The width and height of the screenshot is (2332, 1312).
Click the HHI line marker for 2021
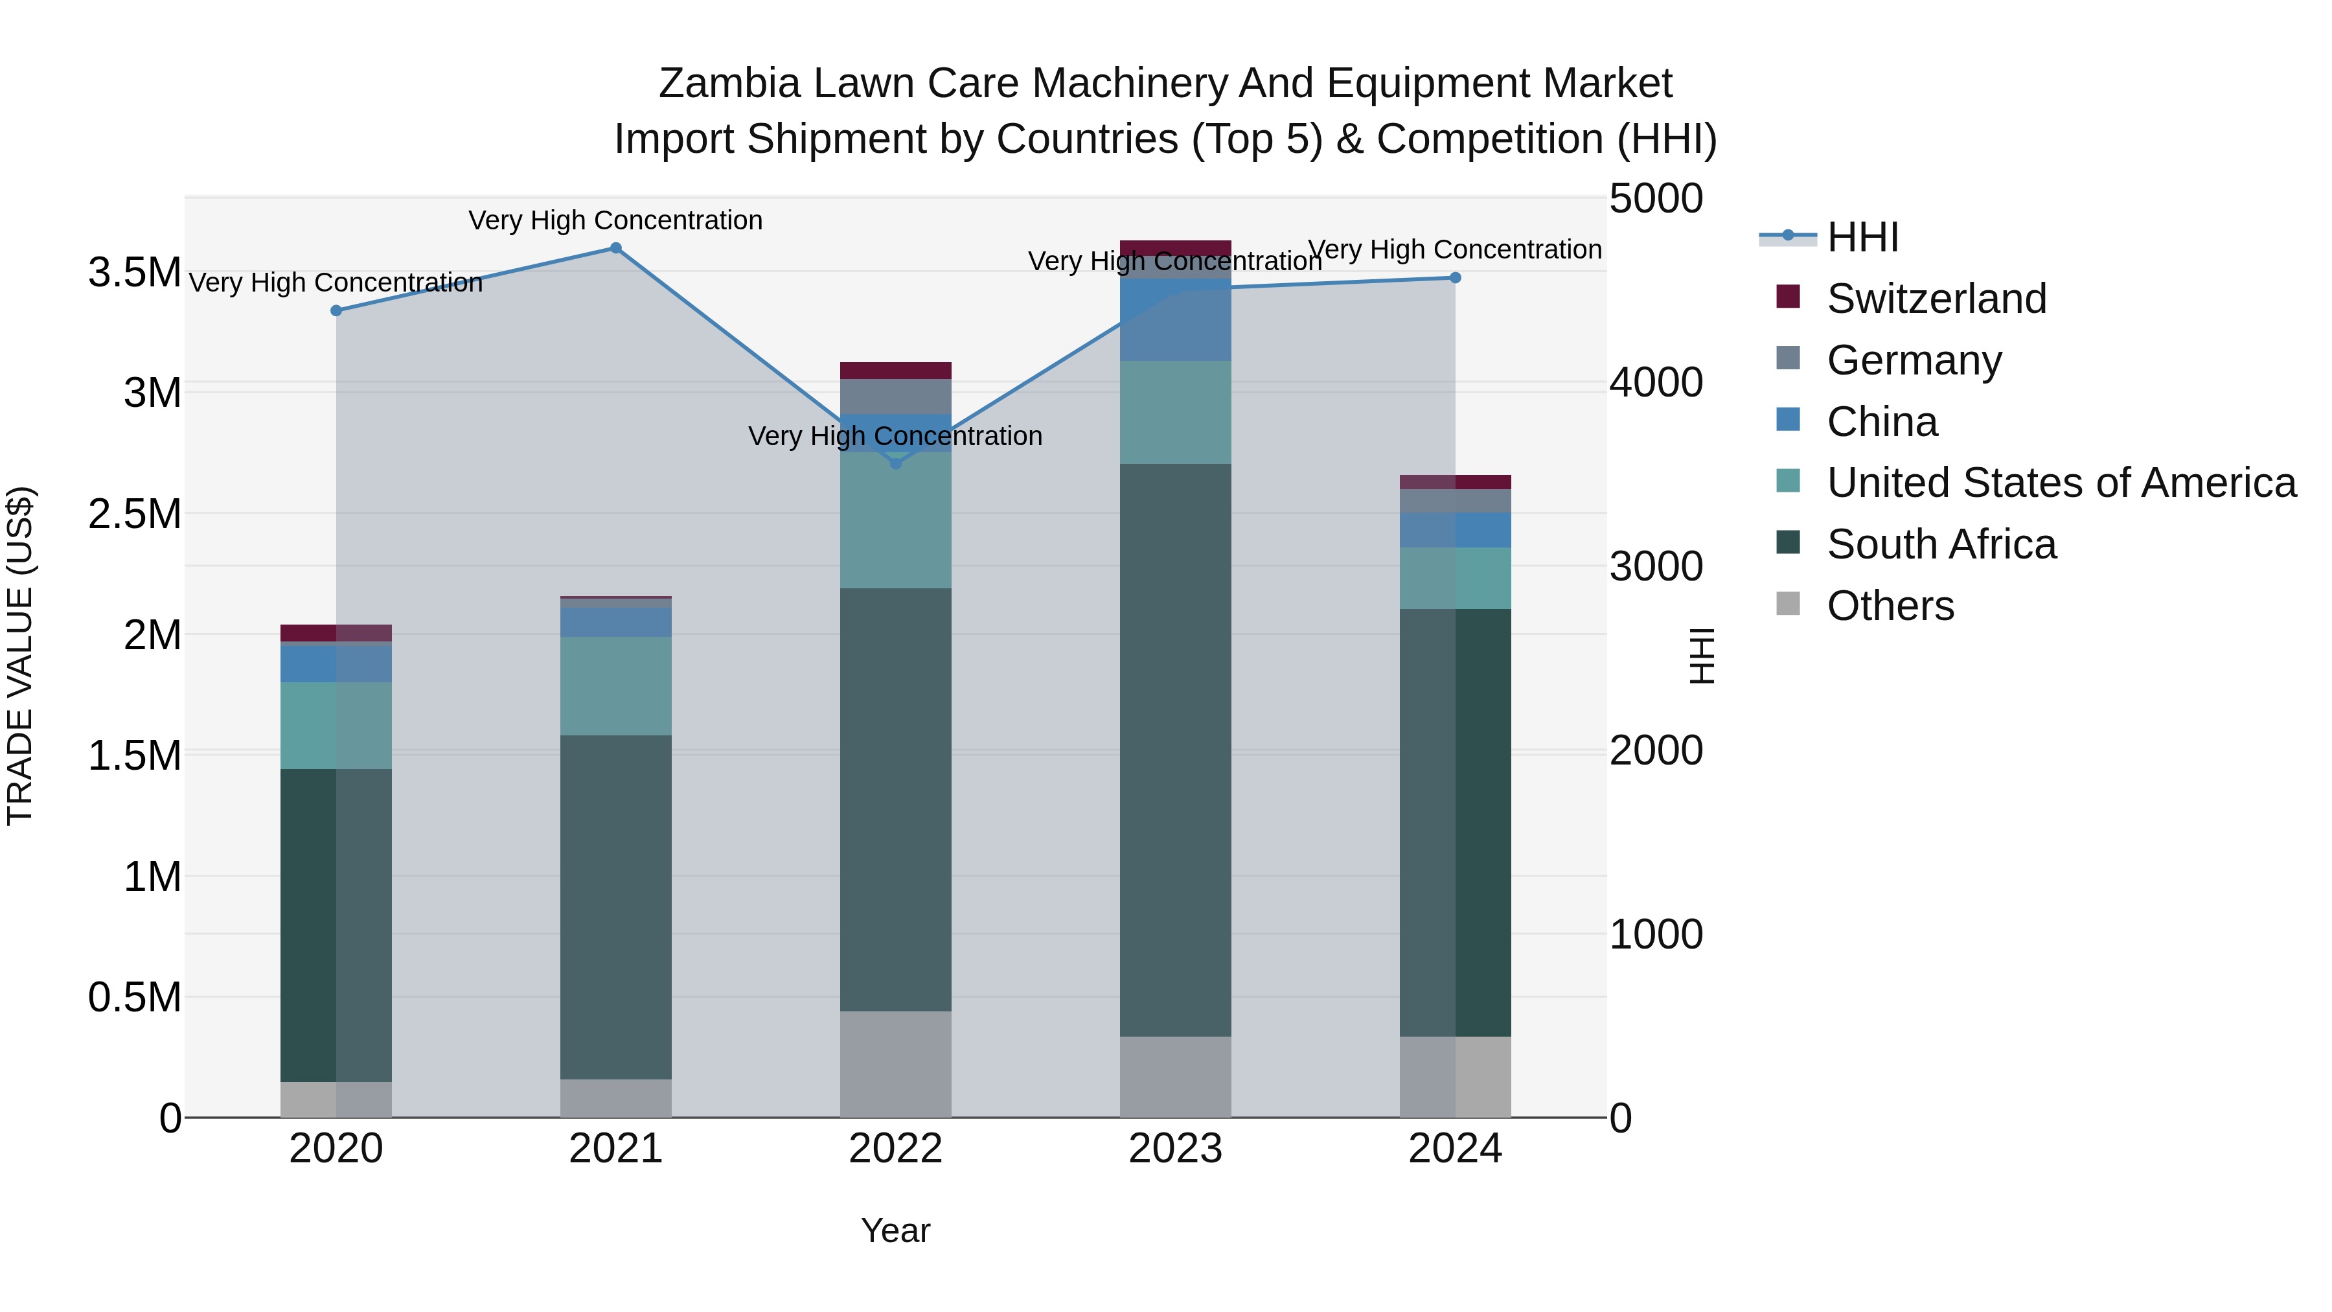(615, 248)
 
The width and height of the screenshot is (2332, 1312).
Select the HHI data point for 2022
(895, 464)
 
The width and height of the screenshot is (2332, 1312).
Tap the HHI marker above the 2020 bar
(336, 310)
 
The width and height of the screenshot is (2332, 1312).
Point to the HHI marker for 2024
(1455, 278)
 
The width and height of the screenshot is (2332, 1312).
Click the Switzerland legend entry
(1936, 299)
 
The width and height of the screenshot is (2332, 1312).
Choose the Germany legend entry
(1914, 360)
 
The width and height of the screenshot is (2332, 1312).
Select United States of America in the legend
(2061, 483)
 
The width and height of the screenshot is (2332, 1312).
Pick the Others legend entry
(1890, 606)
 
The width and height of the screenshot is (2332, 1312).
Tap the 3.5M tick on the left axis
(134, 273)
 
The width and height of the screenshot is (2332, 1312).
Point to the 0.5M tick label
(134, 998)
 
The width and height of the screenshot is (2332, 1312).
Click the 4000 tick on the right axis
(1656, 382)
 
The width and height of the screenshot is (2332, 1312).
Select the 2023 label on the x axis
(1175, 1149)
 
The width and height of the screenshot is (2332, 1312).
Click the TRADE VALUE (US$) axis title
(20, 656)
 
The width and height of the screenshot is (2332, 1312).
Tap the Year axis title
(895, 1230)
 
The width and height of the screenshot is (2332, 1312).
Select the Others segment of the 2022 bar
(895, 1064)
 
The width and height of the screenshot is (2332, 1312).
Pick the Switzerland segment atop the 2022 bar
(895, 371)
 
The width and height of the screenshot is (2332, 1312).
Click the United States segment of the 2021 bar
(615, 685)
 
